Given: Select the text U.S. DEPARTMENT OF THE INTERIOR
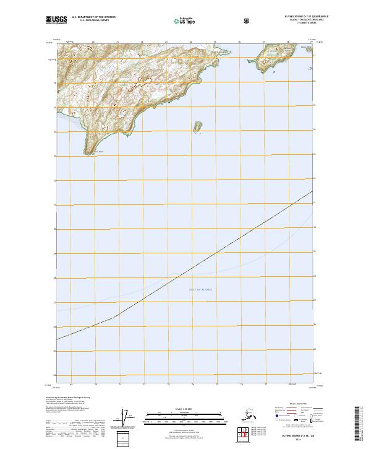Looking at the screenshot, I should coord(93,17).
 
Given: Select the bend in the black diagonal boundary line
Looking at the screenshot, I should coord(114,318).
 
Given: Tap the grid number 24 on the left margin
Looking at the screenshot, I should coord(54,375).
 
